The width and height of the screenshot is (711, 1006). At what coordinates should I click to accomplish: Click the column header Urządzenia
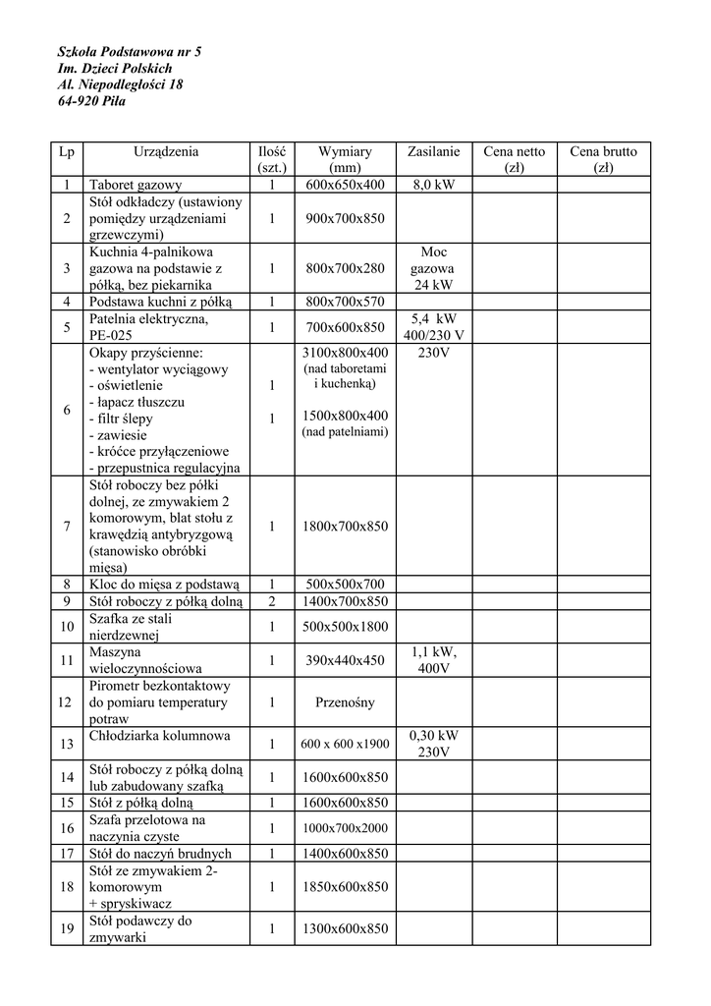pos(166,152)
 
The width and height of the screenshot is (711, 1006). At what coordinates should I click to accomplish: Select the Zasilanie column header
pos(433,152)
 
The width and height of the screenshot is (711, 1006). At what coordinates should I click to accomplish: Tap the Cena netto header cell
pos(514,159)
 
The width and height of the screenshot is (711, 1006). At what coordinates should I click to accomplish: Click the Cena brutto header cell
pos(603,159)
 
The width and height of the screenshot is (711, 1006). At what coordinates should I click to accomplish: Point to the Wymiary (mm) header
pos(345,159)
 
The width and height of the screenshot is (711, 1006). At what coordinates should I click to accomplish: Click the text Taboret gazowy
pos(136,185)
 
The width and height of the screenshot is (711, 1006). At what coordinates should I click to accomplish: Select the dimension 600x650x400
pos(345,185)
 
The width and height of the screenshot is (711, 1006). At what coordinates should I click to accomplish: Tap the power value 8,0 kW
pos(433,185)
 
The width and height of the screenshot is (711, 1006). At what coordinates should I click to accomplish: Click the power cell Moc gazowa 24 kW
pos(433,268)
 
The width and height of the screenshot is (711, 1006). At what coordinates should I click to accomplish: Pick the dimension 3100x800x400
pos(345,353)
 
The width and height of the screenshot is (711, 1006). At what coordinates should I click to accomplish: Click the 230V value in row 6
pos(433,353)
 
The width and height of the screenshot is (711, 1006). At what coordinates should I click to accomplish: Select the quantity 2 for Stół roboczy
pos(271,601)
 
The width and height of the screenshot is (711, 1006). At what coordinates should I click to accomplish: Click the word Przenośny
pos(345,702)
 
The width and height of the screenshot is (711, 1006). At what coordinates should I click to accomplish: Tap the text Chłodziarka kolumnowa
pos(159,736)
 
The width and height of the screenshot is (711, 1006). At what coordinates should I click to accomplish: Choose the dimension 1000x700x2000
pos(345,828)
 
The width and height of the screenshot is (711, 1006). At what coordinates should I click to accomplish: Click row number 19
pos(67,928)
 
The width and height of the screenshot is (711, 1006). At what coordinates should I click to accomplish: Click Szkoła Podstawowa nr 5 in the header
pos(130,50)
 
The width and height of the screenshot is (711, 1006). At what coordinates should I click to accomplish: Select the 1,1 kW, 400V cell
pos(433,659)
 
